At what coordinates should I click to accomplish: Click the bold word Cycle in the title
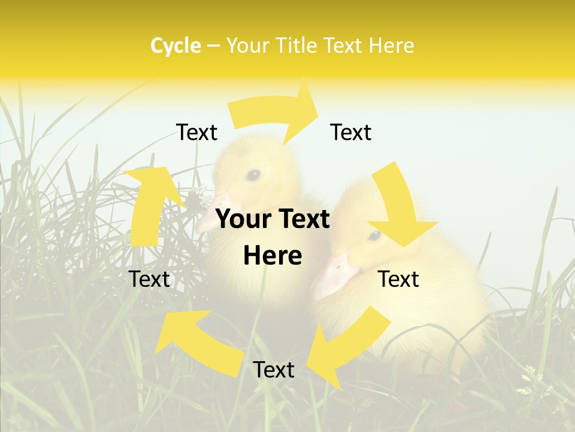(175, 46)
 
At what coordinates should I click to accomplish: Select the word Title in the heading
(295, 46)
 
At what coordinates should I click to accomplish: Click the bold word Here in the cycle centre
(273, 256)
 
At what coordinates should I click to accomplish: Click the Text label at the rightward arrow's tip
(351, 132)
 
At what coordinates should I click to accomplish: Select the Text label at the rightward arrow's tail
(196, 132)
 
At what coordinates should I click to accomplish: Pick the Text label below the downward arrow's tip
(398, 279)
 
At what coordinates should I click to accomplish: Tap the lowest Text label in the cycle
(274, 370)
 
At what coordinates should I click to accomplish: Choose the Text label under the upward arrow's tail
(150, 279)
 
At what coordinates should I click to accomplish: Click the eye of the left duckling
(253, 175)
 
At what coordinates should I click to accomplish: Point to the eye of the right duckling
(374, 235)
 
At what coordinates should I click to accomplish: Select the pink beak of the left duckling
(213, 210)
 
